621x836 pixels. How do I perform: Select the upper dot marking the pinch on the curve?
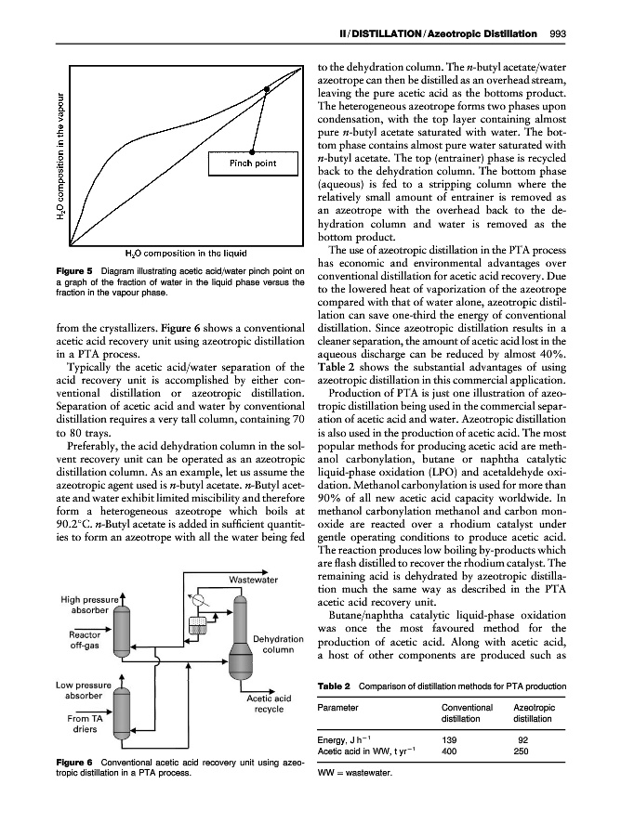pyautogui.click(x=268, y=89)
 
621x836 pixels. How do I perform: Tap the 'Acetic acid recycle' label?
pyautogui.click(x=269, y=703)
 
